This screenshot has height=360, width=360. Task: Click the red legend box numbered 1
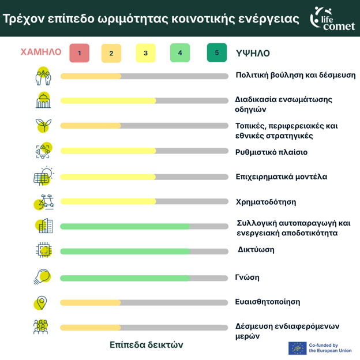point(79,53)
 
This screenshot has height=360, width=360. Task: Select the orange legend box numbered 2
point(111,53)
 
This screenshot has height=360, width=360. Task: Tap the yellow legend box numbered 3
point(145,53)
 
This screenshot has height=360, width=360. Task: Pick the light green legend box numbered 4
point(180,53)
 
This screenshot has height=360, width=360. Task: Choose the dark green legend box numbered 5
point(216,52)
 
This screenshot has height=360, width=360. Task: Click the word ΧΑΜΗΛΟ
point(41,52)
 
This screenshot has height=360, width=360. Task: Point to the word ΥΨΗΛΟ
point(253,53)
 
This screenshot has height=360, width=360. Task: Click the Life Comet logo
point(332,17)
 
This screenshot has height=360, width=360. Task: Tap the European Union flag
point(297,348)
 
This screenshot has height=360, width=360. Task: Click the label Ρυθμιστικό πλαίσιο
point(271,152)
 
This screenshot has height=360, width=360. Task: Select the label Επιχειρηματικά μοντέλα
point(281,177)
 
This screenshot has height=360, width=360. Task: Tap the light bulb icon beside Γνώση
point(42,276)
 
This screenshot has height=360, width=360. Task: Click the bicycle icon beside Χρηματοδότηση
point(44,202)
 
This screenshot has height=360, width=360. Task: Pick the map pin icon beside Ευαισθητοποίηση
point(41,302)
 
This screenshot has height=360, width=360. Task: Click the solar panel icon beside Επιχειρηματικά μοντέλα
point(43,177)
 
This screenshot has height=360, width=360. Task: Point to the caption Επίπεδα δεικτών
point(146,344)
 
